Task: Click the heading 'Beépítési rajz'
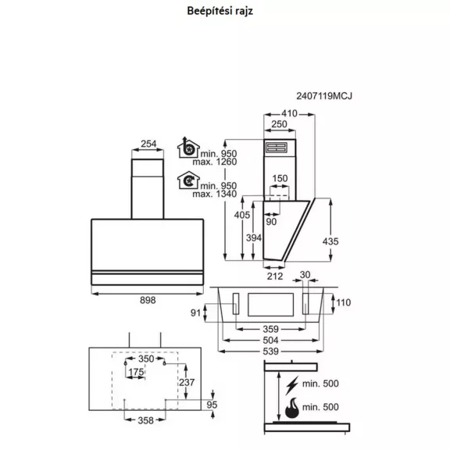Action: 220,11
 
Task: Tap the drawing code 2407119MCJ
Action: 324,96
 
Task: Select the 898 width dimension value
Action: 148,300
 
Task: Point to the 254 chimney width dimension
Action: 148,144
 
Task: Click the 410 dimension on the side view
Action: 289,113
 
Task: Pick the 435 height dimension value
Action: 330,241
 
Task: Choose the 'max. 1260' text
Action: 215,162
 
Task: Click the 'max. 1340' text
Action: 215,194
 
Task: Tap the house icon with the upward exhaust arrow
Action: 188,148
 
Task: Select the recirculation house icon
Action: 188,180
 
